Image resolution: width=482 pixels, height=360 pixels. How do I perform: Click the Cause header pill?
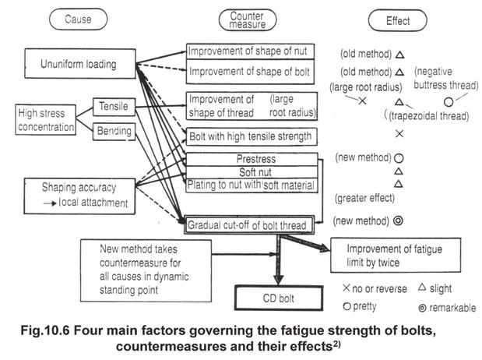tap(79, 19)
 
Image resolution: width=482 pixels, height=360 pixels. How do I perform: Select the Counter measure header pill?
tap(248, 20)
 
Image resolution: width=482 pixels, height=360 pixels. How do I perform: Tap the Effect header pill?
tap(398, 20)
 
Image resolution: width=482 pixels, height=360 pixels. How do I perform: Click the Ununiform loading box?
tap(80, 64)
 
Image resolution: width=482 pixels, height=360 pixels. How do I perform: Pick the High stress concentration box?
tap(45, 120)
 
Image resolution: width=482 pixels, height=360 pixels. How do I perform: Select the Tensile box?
tap(114, 107)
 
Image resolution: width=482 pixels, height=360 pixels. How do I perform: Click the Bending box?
tap(114, 132)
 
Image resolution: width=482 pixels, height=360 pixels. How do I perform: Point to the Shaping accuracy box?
tap(79, 196)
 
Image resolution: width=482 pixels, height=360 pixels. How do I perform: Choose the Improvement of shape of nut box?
tap(250, 51)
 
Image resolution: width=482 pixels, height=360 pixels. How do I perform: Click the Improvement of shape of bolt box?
tap(250, 72)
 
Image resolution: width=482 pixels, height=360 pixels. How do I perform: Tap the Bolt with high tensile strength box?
tap(252, 136)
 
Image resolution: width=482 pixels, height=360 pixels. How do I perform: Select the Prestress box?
tap(252, 160)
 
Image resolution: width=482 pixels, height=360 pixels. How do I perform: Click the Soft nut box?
tap(252, 172)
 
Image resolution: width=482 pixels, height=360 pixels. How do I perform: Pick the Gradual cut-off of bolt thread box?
tap(249, 225)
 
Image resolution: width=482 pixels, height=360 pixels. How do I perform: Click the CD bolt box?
tap(279, 298)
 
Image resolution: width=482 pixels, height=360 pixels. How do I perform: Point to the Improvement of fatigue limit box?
tap(396, 255)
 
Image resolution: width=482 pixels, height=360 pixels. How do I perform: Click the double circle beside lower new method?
tap(398, 221)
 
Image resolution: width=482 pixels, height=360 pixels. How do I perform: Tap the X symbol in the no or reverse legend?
tap(347, 288)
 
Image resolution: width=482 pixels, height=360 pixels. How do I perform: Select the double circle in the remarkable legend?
tap(422, 308)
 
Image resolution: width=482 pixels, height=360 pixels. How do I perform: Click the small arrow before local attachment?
tap(50, 203)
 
